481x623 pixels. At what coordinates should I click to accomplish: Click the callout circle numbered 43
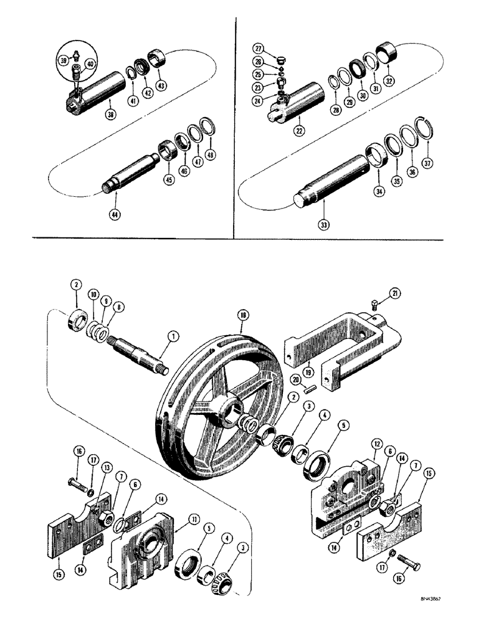tap(161, 85)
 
